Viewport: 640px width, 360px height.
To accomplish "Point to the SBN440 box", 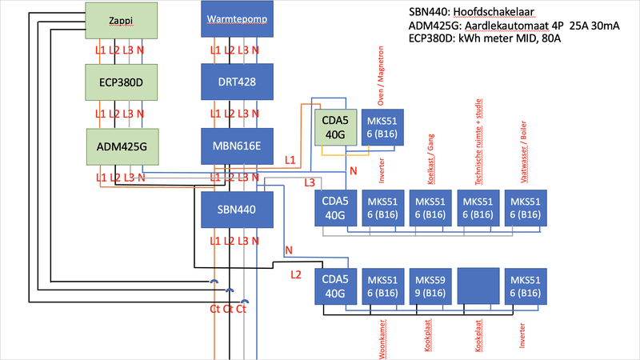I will (x=236, y=210).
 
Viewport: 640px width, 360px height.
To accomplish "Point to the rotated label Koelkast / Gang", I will (x=430, y=160).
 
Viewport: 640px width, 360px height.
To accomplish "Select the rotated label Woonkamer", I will (x=382, y=331).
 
